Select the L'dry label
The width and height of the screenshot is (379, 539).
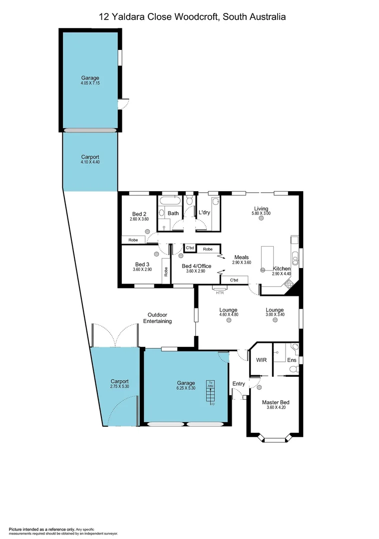(204, 213)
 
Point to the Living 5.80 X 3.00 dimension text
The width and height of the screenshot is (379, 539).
(261, 214)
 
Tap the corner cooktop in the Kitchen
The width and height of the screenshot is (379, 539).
(289, 284)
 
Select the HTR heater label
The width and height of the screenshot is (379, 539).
(220, 292)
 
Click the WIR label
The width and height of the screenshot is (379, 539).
(261, 359)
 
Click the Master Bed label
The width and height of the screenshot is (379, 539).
(276, 402)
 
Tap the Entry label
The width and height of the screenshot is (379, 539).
(239, 383)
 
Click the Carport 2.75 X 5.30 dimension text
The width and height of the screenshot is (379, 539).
(120, 386)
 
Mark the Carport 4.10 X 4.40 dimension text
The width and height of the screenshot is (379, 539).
(90, 162)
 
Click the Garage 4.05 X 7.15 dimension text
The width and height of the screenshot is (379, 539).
(90, 83)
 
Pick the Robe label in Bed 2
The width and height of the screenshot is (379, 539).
(133, 240)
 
